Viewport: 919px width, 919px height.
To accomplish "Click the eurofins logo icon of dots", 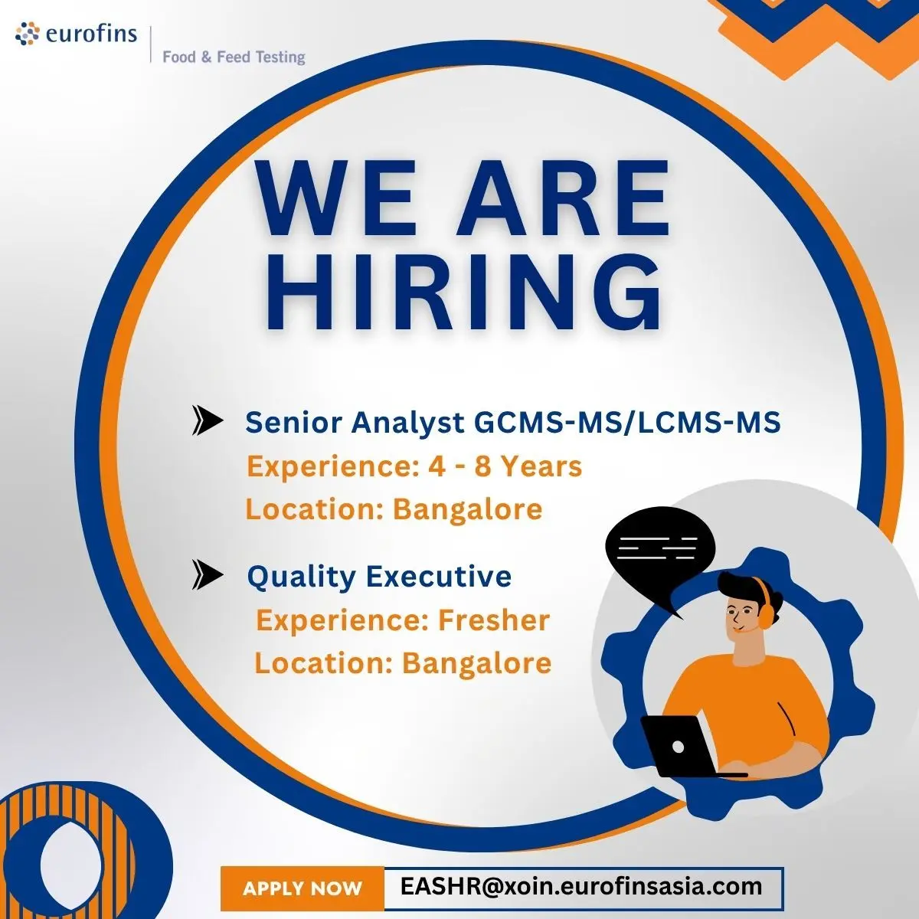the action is pyautogui.click(x=27, y=34).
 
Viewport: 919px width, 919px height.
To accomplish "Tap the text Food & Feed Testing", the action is pyautogui.click(x=234, y=57).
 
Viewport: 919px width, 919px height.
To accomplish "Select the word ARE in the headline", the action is pyautogui.click(x=563, y=198).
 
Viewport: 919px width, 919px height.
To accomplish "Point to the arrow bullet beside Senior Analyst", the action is pyautogui.click(x=208, y=420).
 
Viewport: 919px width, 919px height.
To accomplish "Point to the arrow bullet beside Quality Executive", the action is pyautogui.click(x=208, y=574).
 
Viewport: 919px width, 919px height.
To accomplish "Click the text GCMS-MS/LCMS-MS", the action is pyautogui.click(x=628, y=423).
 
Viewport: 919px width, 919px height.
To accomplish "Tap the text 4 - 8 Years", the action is pyautogui.click(x=505, y=466).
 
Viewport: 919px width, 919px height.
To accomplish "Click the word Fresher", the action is pyautogui.click(x=494, y=620).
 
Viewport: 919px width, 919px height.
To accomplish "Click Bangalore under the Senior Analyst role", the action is pyautogui.click(x=467, y=510).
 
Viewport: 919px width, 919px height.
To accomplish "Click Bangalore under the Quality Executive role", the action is pyautogui.click(x=477, y=663).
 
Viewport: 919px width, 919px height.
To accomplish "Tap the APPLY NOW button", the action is pyautogui.click(x=303, y=888).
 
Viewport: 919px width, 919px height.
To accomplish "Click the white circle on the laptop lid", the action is pyautogui.click(x=678, y=747).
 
